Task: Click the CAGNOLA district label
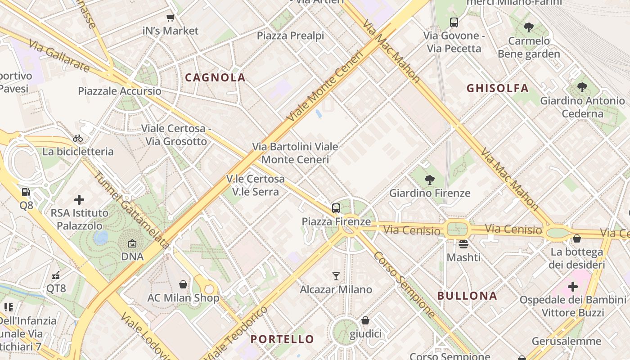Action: [x=215, y=77]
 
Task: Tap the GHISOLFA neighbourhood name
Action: [x=497, y=88]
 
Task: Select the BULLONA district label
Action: [x=468, y=296]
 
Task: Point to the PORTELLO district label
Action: [x=282, y=339]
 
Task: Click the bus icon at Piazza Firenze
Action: [x=336, y=208]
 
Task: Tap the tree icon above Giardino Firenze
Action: [x=430, y=180]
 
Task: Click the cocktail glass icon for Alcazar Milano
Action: [x=336, y=276]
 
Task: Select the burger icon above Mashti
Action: [x=463, y=244]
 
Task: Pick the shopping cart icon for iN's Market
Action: [x=171, y=18]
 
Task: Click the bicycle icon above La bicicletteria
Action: [x=78, y=138]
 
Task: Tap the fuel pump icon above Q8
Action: [x=27, y=192]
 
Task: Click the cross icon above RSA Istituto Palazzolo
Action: [x=79, y=199]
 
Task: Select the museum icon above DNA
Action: [x=132, y=243]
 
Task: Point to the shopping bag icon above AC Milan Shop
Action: [x=183, y=284]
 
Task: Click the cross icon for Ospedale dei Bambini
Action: [x=572, y=286]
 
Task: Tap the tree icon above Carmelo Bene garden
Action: [x=529, y=27]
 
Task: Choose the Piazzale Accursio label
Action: [x=120, y=91]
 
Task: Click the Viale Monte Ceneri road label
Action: [x=325, y=86]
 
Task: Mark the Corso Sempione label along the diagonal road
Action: [x=404, y=285]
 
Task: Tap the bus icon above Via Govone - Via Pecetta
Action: [x=454, y=22]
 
